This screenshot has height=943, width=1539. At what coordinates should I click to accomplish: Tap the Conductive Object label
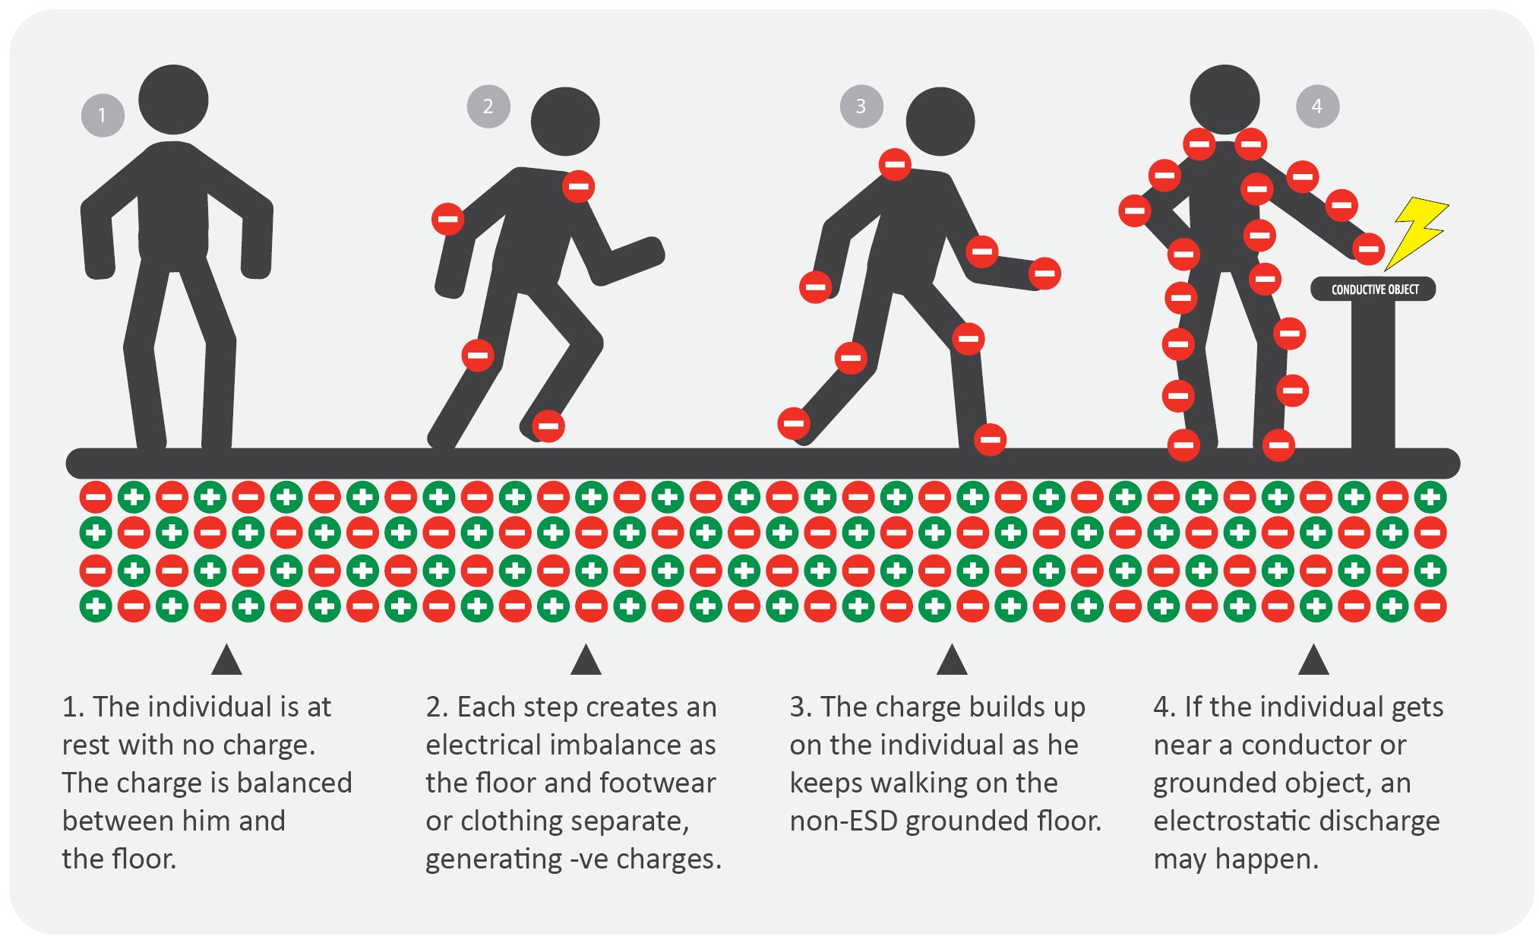pyautogui.click(x=1373, y=289)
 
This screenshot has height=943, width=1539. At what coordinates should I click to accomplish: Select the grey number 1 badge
pyautogui.click(x=103, y=116)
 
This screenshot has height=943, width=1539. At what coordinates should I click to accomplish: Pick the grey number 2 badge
pyautogui.click(x=488, y=106)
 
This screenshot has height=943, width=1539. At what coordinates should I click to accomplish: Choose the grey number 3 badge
pyautogui.click(x=861, y=106)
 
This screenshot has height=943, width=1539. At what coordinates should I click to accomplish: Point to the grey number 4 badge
pyautogui.click(x=1317, y=106)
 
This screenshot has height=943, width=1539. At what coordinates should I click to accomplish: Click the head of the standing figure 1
pyautogui.click(x=173, y=100)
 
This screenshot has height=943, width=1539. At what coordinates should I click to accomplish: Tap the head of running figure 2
pyautogui.click(x=565, y=122)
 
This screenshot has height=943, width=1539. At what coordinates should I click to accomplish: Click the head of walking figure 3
pyautogui.click(x=940, y=122)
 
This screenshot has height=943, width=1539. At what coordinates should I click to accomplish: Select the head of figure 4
pyautogui.click(x=1225, y=100)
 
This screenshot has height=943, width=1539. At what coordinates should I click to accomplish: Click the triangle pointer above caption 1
pyautogui.click(x=226, y=660)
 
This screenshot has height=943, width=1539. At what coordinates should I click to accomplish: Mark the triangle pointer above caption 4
pyautogui.click(x=1313, y=660)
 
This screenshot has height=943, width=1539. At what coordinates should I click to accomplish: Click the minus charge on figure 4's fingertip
pyautogui.click(x=1368, y=248)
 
